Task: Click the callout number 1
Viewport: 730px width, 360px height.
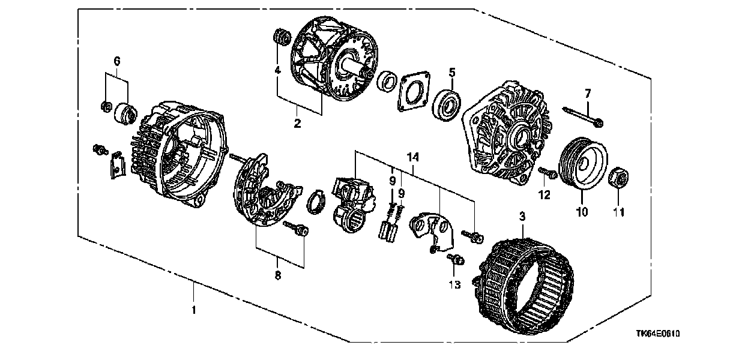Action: coord(194,310)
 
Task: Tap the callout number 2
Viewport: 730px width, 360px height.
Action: coord(297,124)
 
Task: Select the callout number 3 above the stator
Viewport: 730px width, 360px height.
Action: coord(522,216)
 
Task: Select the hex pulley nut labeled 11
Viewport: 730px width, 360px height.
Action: coord(618,178)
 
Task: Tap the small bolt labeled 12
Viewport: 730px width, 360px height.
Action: coord(547,173)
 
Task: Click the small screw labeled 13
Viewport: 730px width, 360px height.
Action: coord(456,259)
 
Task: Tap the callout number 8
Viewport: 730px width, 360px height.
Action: coord(278,275)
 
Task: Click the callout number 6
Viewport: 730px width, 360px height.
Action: coord(117,61)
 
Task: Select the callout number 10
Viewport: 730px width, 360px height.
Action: coord(582,212)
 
